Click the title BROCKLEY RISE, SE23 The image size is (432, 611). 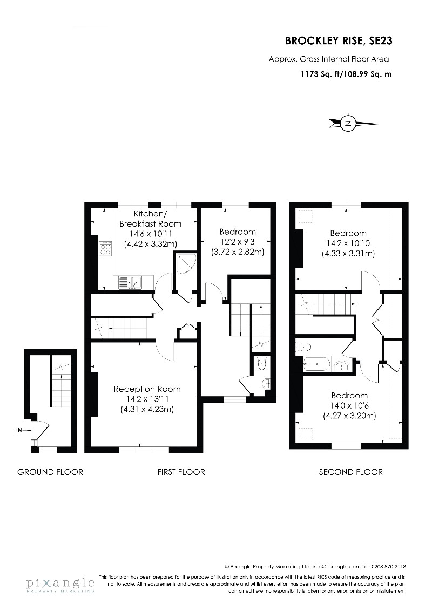[339, 40]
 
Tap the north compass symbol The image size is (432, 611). [348, 124]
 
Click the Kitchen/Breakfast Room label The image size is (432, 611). [150, 219]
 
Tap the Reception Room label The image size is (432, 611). [147, 389]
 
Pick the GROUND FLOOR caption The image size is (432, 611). [50, 472]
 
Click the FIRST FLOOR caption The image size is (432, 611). [181, 472]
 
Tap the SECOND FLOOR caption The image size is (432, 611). [351, 472]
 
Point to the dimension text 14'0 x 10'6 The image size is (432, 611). [349, 405]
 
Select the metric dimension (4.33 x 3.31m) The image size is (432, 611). [348, 253]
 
